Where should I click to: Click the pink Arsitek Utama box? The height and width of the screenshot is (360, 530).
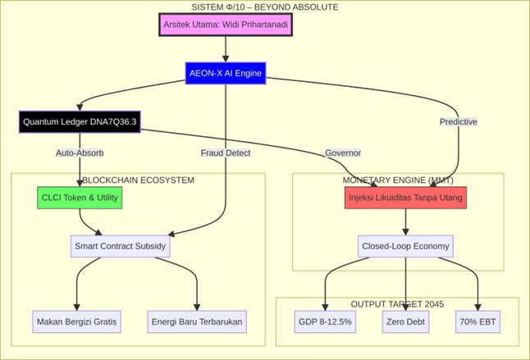(225, 25)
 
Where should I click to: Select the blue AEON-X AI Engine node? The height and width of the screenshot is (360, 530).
(226, 73)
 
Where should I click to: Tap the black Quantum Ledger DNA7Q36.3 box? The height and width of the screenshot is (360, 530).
(80, 122)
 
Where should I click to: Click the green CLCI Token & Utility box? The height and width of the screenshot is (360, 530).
(80, 198)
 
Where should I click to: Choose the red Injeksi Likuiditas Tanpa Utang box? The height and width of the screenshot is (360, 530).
(405, 198)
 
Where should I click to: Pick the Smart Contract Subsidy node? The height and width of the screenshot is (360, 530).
(120, 246)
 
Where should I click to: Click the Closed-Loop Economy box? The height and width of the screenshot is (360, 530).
(405, 246)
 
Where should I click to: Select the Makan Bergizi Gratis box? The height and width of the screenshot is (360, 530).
(77, 321)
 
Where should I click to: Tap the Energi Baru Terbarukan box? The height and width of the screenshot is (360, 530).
(197, 321)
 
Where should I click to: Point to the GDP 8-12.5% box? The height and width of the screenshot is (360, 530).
(325, 321)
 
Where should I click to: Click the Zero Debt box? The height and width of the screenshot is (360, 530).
(405, 321)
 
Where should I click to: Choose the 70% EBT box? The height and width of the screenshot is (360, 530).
(477, 321)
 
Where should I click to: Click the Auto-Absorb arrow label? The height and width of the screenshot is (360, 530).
(80, 153)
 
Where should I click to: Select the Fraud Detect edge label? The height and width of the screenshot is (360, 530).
(226, 153)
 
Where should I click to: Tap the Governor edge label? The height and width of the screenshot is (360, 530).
(343, 153)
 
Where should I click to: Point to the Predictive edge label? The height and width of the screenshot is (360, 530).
(458, 121)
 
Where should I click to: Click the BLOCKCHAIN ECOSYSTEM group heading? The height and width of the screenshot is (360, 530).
(138, 180)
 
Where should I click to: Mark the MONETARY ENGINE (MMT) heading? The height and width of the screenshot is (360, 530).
(398, 180)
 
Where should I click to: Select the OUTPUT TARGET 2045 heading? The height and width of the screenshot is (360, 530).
(397, 304)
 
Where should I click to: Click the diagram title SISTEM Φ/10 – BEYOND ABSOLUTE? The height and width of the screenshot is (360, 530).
(264, 7)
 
